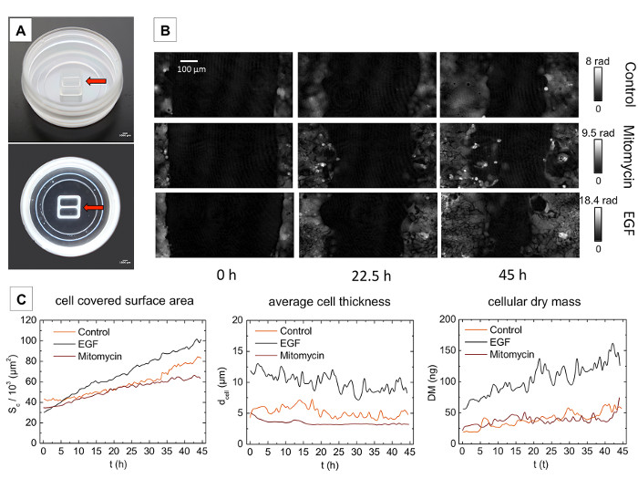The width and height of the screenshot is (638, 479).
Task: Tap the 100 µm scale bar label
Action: pos(191,68)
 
